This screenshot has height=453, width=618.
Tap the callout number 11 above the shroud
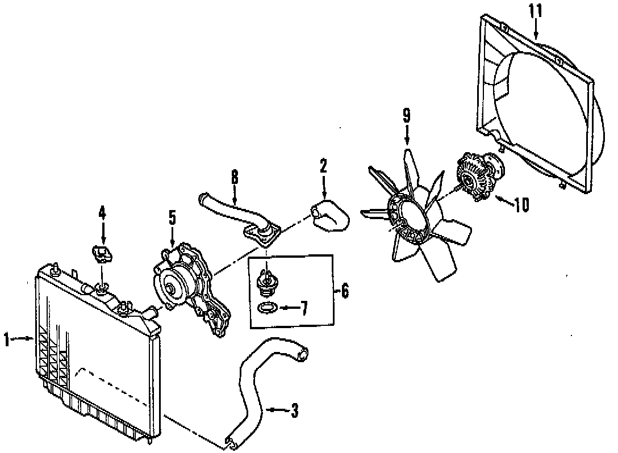click(536, 11)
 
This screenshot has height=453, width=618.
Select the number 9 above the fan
click(407, 116)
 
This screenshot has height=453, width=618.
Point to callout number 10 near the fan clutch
click(521, 204)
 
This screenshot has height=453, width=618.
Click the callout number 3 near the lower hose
click(294, 410)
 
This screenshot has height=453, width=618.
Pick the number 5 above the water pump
click(172, 217)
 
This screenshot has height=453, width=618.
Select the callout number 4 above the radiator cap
click(102, 213)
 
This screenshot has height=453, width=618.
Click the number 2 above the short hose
click(323, 166)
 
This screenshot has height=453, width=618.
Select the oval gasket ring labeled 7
click(267, 308)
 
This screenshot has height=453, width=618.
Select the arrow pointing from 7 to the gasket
click(288, 308)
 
